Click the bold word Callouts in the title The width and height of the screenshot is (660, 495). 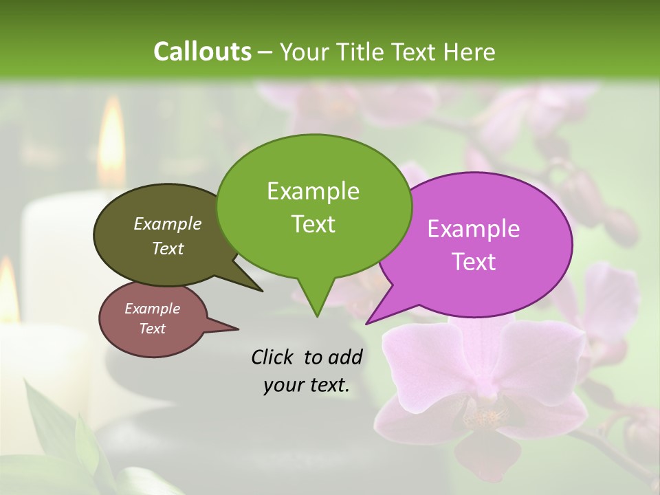coord(202,52)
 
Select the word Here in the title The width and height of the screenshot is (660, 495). coord(470,52)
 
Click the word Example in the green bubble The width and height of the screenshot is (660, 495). coord(313,191)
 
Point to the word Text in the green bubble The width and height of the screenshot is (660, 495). coord(313,224)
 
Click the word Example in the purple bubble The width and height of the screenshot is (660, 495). coord(474,229)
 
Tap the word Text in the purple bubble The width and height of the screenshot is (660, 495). coord(474,262)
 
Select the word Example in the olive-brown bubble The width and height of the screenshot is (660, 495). coord(167,224)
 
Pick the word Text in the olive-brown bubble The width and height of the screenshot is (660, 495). coord(167,248)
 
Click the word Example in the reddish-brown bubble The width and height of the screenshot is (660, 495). coord(152,309)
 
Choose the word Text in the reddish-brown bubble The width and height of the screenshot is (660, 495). coord(152,329)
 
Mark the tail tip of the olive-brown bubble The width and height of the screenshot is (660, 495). coord(262,291)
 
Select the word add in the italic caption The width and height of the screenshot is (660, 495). coord(345,357)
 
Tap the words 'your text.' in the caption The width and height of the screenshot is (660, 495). coord(306,386)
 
